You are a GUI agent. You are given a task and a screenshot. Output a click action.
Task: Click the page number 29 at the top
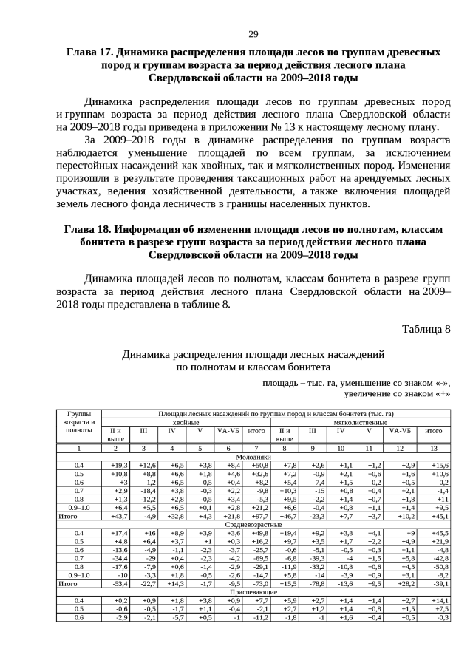pos(253,35)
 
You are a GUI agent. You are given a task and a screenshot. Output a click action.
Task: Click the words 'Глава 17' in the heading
pos(92,52)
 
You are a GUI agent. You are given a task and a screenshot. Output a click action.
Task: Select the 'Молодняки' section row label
pos(253,457)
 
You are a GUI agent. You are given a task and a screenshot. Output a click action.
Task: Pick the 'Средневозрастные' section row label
pos(253,523)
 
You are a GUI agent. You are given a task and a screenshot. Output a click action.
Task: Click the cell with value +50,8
pos(259,465)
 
